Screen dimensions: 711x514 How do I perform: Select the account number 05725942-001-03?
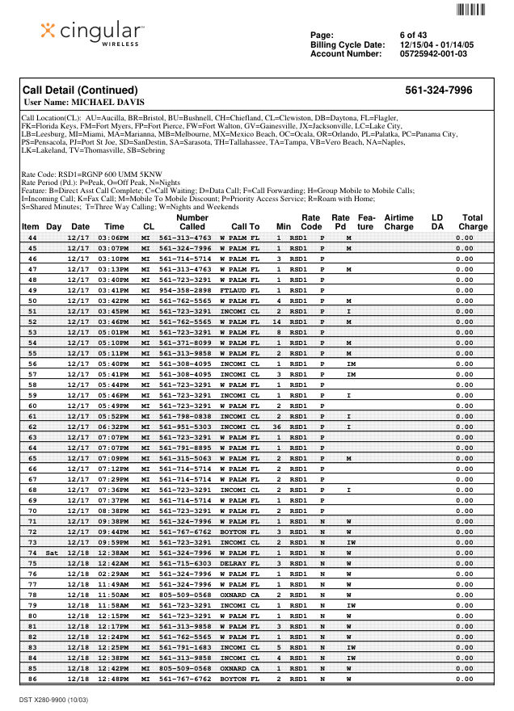433,54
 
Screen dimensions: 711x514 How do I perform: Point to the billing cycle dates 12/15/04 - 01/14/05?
437,44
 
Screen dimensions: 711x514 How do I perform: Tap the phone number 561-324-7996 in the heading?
438,90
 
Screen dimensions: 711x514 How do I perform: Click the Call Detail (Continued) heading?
80,90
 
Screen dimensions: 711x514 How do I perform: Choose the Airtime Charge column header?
398,222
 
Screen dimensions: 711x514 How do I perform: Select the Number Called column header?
192,222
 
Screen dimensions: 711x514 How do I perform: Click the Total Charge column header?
473,222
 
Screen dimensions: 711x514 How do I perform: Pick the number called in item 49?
185,289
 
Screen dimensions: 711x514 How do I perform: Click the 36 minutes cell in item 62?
277,426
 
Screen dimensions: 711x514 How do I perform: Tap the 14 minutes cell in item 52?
277,322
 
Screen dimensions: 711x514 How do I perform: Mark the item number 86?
32,679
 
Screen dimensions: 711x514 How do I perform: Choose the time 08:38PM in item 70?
113,511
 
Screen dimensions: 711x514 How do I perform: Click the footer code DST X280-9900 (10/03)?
55,699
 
